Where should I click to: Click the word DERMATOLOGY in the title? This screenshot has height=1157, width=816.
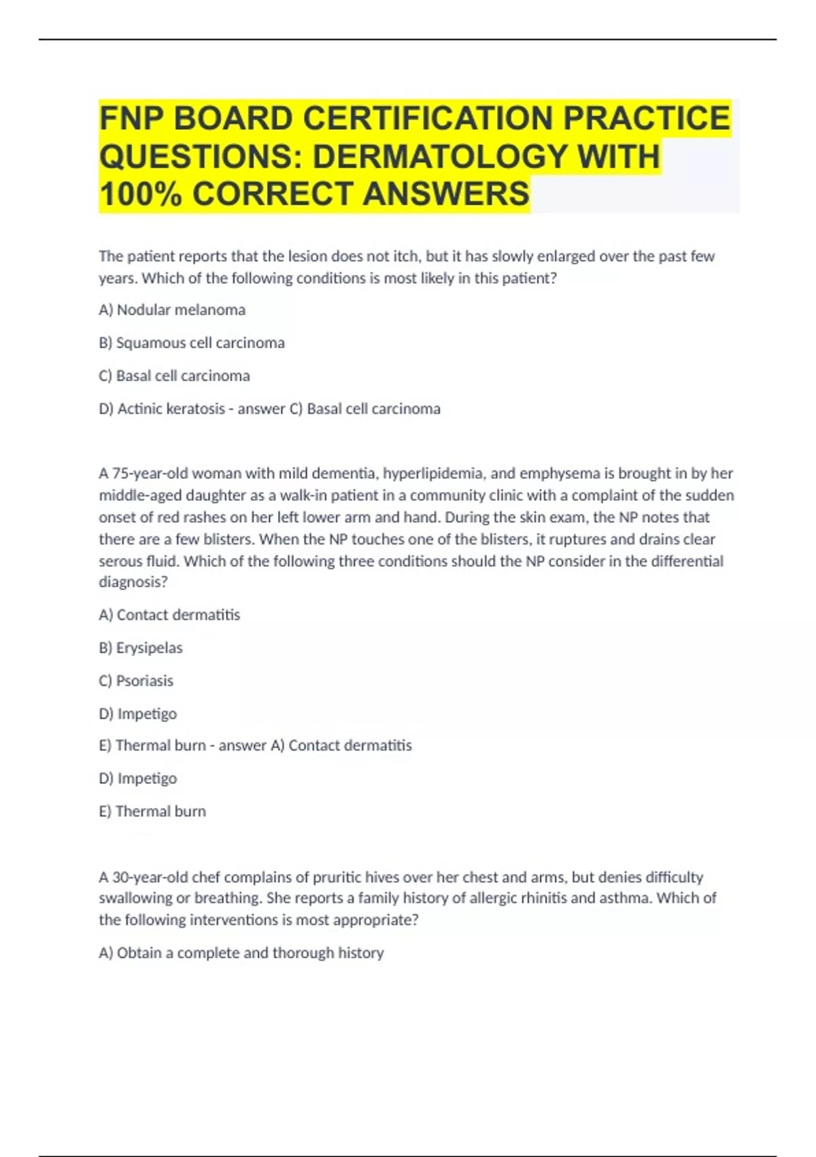(439, 156)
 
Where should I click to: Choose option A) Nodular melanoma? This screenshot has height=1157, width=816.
(172, 310)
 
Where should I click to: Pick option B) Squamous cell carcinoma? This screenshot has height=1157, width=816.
(192, 342)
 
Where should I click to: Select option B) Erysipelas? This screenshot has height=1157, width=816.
(141, 647)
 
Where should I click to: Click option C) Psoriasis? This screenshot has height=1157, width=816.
(136, 681)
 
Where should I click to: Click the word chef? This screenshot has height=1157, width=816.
(206, 877)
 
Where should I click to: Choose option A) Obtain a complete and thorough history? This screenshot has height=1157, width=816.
(241, 953)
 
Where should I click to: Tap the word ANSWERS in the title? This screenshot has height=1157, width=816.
(446, 193)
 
